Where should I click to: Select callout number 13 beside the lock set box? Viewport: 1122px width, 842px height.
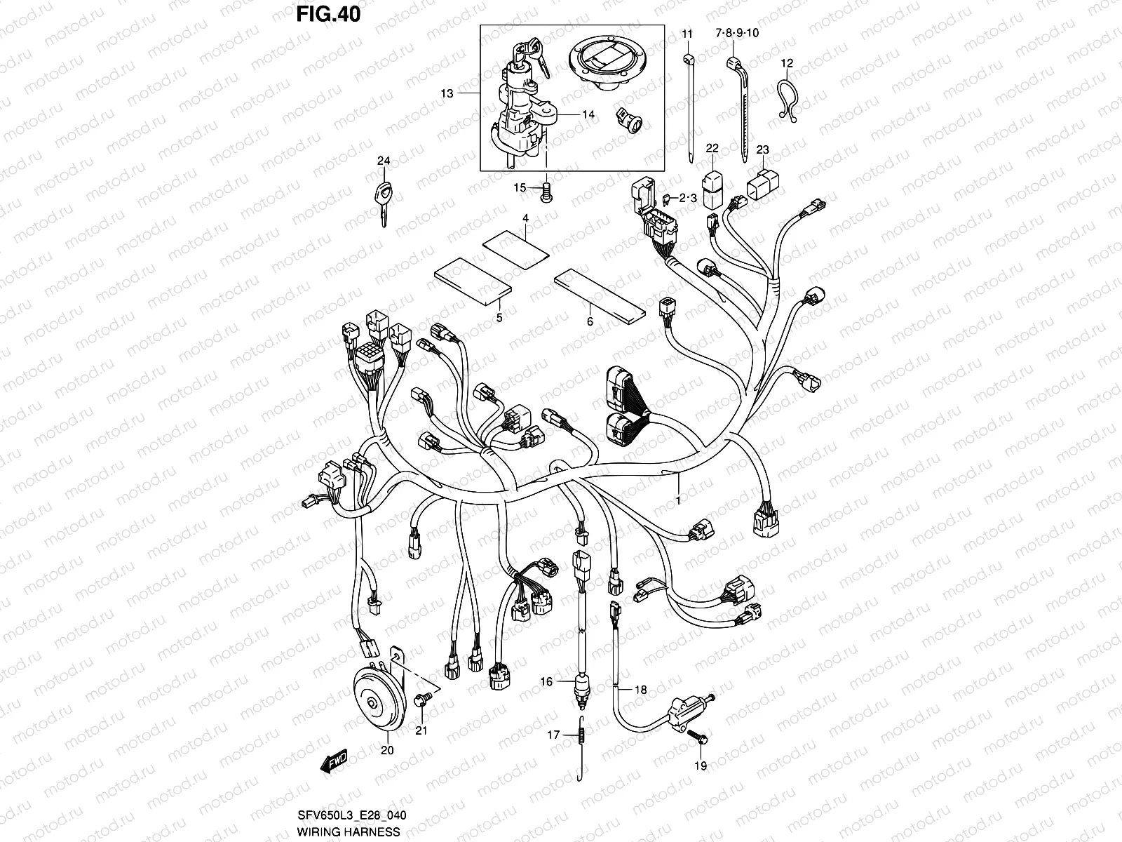pyautogui.click(x=447, y=93)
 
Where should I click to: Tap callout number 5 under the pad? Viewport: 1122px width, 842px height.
pyautogui.click(x=499, y=319)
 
